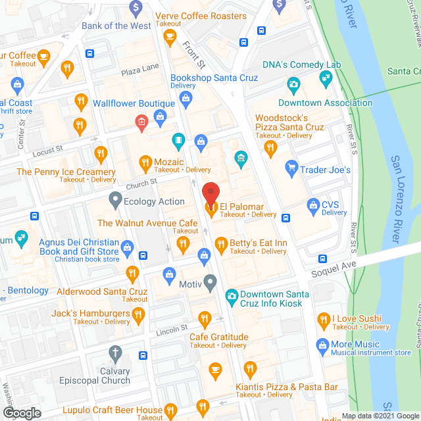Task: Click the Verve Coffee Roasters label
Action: (201, 16)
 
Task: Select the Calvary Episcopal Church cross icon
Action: (116, 354)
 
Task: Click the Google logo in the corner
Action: (21, 412)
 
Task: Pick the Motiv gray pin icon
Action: (210, 284)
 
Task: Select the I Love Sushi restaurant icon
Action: (323, 320)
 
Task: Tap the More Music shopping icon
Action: (322, 345)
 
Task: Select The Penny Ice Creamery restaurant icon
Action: (101, 155)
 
